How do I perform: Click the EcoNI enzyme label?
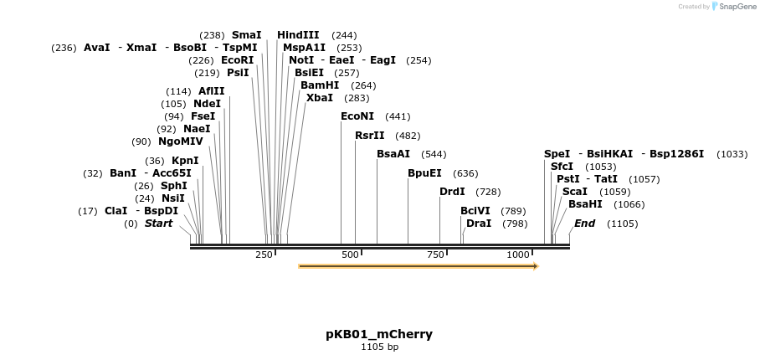[357, 116]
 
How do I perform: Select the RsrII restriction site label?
[370, 135]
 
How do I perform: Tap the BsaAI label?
[393, 154]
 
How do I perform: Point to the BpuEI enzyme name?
[424, 173]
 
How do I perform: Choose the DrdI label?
[452, 192]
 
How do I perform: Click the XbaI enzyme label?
[320, 97]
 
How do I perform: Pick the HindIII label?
[298, 35]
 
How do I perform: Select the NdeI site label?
[207, 104]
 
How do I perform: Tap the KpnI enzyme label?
[185, 161]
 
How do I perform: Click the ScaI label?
[575, 191]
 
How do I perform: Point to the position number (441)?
[398, 117]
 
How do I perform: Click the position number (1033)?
[732, 155]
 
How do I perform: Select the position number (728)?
[488, 193]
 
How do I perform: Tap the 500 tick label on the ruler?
[351, 254]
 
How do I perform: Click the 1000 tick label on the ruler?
[519, 254]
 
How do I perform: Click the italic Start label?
[158, 224]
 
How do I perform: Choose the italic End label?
[584, 224]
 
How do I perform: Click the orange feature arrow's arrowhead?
[534, 266]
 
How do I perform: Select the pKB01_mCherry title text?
[379, 334]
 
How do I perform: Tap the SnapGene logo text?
[736, 7]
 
